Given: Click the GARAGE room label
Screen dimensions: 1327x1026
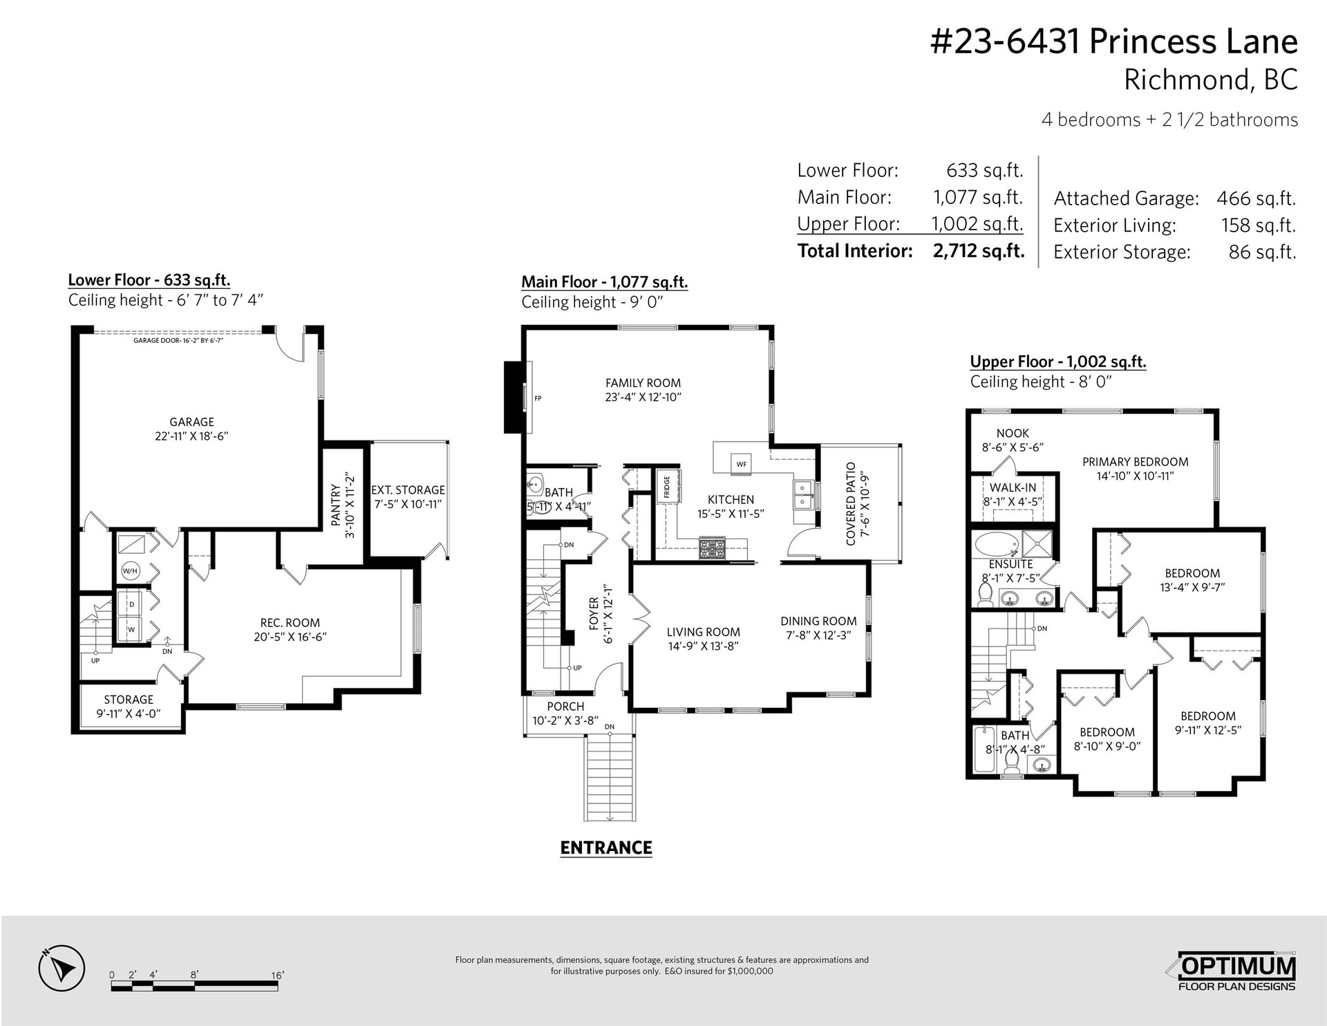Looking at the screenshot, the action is coord(192,422).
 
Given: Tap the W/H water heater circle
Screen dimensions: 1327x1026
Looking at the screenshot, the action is coord(129,571).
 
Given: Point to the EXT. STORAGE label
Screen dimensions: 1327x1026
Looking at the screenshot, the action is coord(408,490).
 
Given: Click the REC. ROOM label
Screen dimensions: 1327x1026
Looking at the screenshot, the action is coord(290,623).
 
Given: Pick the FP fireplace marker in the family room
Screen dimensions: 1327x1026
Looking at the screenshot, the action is coord(538,398).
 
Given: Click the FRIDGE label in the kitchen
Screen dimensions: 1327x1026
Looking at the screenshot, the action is coord(667,487).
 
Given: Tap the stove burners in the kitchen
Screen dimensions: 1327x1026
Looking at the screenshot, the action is coord(711,549).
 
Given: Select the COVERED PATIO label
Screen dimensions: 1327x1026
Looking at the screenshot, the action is coord(851,503).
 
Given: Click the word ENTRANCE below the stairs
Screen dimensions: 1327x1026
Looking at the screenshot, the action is coord(606,848).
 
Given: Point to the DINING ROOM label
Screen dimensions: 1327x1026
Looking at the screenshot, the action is coord(818,622).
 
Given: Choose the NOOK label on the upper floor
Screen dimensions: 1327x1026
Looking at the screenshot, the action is coord(1013,433).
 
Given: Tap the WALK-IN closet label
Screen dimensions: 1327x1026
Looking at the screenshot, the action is coord(1013,487).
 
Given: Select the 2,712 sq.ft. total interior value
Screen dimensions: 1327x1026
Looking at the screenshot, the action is coord(979,250).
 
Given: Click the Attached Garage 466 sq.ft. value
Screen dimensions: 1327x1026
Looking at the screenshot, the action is coord(1256,199).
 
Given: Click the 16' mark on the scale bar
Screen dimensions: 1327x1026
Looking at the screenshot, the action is coord(278,976).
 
